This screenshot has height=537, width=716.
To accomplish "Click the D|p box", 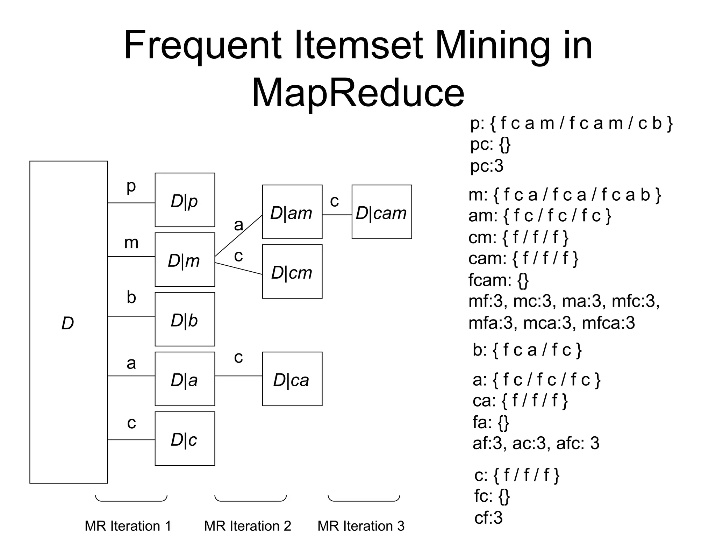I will click(x=185, y=200).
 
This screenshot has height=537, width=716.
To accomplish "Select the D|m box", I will click(x=185, y=260).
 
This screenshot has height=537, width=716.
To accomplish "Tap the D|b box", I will click(x=185, y=319).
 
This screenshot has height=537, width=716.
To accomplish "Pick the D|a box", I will click(x=185, y=379).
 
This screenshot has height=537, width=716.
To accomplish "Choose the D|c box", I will click(x=185, y=439).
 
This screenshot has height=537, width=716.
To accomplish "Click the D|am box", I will click(x=292, y=212).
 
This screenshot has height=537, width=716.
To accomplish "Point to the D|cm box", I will click(x=292, y=272).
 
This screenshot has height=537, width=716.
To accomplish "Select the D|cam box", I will click(x=381, y=212).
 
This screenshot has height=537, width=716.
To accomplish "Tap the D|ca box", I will click(x=292, y=379).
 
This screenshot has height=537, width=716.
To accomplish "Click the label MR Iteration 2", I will click(x=248, y=526).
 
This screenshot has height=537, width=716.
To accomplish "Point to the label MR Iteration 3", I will click(x=361, y=526).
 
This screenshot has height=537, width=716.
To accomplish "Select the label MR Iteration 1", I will click(x=128, y=526).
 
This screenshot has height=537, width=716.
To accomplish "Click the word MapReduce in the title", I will click(x=358, y=93).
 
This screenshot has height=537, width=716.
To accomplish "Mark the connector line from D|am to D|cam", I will click(x=337, y=215).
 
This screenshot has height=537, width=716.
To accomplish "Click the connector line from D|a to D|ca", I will click(x=238, y=376).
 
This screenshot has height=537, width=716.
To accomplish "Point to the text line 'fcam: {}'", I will click(x=498, y=280).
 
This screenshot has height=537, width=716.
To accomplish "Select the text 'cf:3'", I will click(x=488, y=518).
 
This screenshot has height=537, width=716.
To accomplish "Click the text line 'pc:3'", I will click(x=487, y=166).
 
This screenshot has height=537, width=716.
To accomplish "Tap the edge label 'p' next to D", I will click(x=131, y=186).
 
